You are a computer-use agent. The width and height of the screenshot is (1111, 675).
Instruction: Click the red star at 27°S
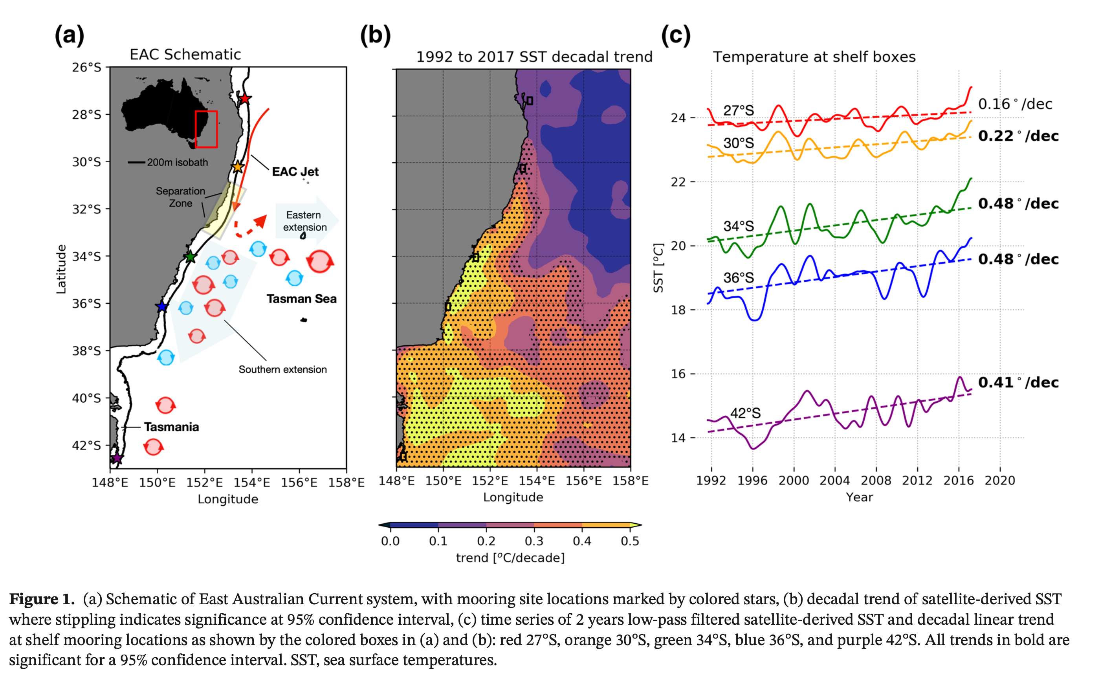point(244,98)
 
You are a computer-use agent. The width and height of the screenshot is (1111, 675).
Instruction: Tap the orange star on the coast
point(238,167)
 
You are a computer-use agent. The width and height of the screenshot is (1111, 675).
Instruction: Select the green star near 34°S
point(191,257)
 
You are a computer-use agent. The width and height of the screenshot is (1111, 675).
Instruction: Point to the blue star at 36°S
point(162,307)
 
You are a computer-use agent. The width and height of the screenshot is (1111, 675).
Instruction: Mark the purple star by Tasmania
point(117,459)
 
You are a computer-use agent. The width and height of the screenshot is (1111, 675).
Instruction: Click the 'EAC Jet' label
point(295,172)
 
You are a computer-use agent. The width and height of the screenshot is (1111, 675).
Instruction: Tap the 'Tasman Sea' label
point(301,299)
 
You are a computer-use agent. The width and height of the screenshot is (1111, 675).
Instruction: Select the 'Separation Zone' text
point(180,197)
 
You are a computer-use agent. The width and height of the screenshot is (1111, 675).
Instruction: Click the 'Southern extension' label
point(283,370)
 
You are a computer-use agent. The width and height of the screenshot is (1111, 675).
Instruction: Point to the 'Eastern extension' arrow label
point(305,221)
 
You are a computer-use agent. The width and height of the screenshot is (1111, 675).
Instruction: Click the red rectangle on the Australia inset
point(206,129)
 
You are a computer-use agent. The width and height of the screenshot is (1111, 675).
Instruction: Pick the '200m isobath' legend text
point(177,162)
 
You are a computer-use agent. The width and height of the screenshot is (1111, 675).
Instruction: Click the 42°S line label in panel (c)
point(745,413)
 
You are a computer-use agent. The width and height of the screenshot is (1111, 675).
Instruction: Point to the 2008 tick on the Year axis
point(876,481)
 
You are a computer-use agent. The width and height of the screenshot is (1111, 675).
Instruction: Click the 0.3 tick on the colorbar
point(534,541)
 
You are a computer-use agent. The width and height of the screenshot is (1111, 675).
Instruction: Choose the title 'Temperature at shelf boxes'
point(814,57)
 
